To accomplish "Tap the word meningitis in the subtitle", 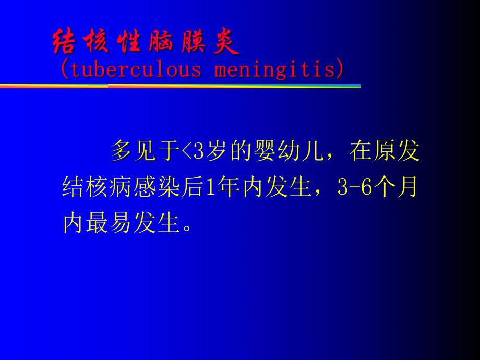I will pyautogui.click(x=274, y=70).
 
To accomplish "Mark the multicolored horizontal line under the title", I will pyautogui.click(x=180, y=86).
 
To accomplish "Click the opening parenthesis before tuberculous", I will pyautogui.click(x=64, y=70).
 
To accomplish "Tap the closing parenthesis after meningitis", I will pyautogui.click(x=341, y=70).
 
